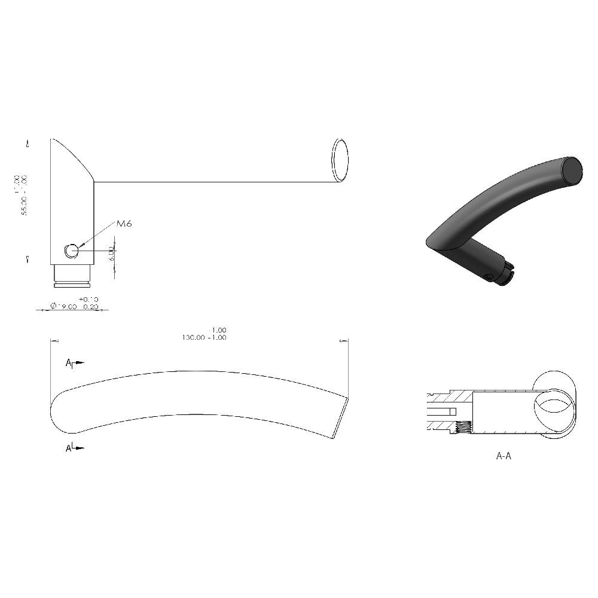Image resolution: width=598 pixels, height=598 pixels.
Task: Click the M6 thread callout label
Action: point(124,224)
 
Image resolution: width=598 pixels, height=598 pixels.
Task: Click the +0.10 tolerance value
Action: point(89,299)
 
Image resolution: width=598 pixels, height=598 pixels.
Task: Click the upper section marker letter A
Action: point(69,362)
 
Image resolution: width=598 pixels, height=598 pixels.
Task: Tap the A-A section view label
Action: point(504,456)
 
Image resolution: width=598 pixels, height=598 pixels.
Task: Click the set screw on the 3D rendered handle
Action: point(489,276)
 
